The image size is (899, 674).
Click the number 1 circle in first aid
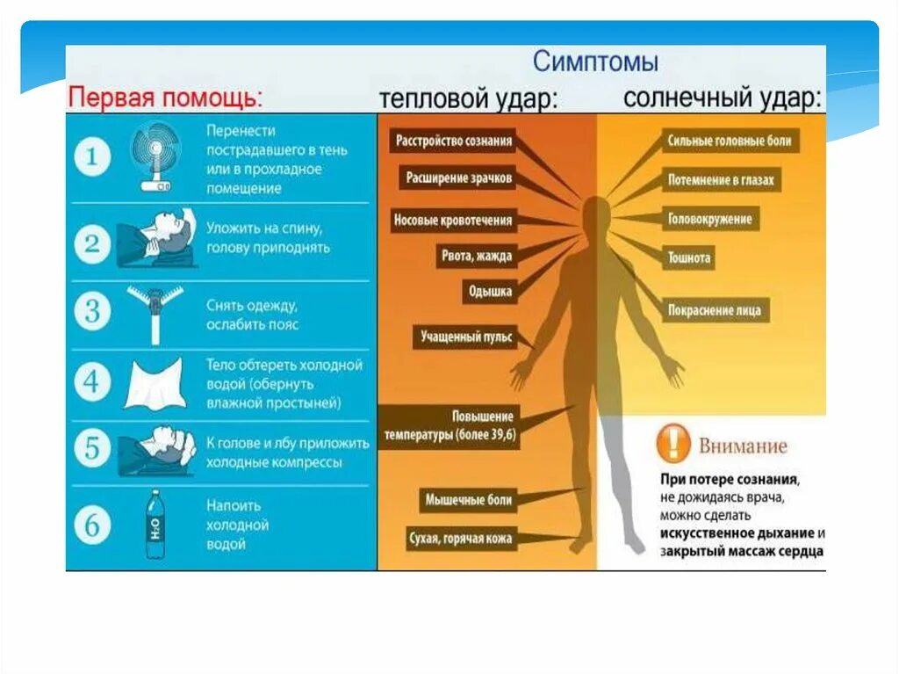click(x=93, y=159)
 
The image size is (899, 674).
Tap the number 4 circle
click(x=93, y=381)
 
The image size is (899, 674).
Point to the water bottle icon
click(x=155, y=525)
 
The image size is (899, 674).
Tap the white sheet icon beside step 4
click(x=155, y=382)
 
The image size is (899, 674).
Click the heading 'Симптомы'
click(x=596, y=63)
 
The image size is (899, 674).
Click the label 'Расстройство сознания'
click(x=454, y=141)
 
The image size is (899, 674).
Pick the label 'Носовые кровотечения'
click(x=452, y=220)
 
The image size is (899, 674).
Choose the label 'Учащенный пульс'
click(x=465, y=336)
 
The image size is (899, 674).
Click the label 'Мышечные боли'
click(x=468, y=499)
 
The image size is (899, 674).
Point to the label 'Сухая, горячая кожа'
click(x=461, y=538)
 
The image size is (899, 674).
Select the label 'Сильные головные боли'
click(x=730, y=141)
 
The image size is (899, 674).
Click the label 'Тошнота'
click(x=689, y=257)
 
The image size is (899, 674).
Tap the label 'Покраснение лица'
click(x=716, y=310)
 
